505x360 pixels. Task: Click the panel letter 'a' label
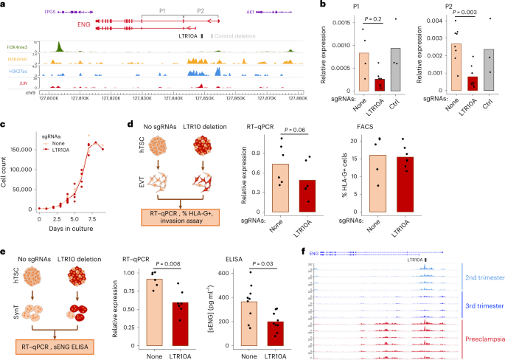4,5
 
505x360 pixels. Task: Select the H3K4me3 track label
17,48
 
